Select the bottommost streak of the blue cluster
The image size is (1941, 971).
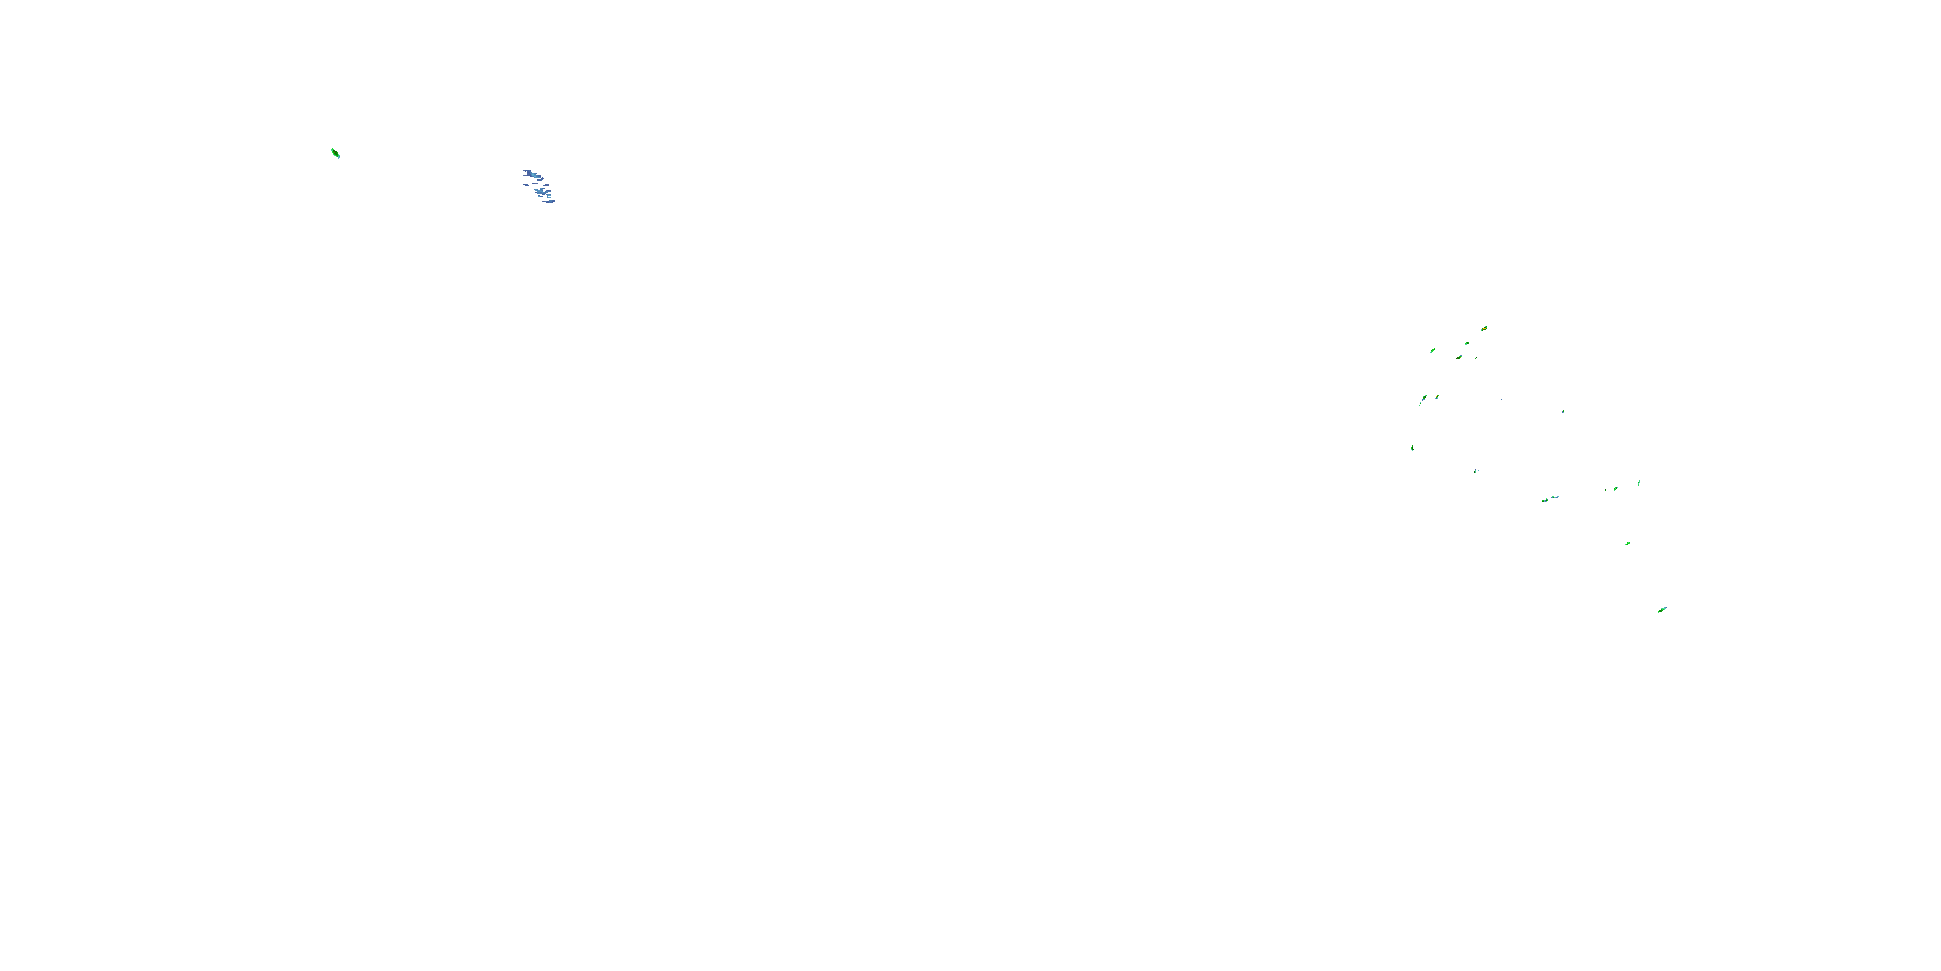549,201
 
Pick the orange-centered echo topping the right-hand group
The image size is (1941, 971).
1484,329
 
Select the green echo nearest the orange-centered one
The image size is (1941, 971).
1467,344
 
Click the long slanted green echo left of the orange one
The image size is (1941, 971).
1432,351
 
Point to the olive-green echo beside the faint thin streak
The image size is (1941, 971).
1460,357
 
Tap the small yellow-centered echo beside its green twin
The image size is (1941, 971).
1437,397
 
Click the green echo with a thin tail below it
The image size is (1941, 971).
1423,397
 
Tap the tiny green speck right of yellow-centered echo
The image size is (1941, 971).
1502,399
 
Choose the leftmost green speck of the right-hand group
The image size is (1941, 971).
1412,449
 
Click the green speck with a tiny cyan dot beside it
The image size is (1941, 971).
1476,471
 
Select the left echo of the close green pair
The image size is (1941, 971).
1546,500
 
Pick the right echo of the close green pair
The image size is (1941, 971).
1555,498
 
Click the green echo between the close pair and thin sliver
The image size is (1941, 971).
1616,489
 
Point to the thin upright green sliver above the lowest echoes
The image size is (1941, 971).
1639,482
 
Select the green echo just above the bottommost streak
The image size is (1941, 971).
1628,544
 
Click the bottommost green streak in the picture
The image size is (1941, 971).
1661,610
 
